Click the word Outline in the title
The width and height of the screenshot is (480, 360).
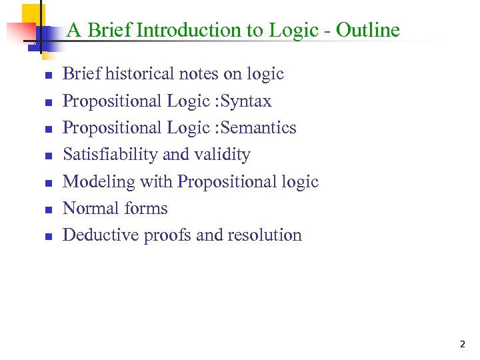368,30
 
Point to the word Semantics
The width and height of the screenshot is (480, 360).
263,128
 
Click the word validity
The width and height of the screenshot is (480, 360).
222,155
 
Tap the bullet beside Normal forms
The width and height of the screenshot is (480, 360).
47,210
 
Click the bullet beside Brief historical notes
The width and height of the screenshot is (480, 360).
47,75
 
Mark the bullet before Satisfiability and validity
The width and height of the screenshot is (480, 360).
47,156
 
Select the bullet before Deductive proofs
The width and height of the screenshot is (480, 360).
47,237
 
